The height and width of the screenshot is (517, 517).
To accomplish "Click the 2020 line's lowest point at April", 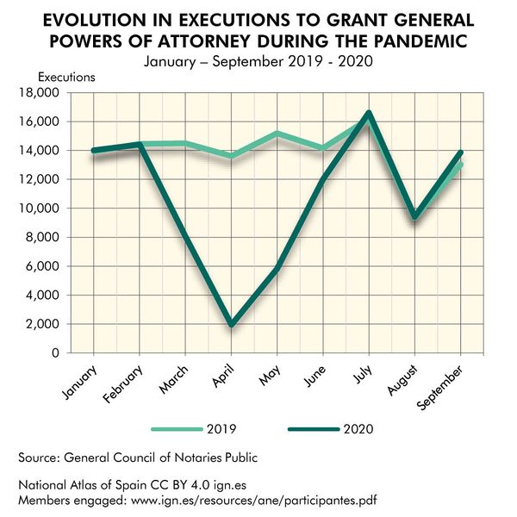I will (230, 325).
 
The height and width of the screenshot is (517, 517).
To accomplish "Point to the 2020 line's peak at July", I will (369, 113).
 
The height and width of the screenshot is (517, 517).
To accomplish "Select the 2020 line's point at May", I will (277, 269).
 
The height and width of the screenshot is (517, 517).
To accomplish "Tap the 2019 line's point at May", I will (277, 134).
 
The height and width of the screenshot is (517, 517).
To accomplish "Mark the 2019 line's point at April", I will (230, 156).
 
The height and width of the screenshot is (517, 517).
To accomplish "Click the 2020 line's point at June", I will (323, 179).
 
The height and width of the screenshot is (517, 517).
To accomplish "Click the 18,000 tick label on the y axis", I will (40, 93).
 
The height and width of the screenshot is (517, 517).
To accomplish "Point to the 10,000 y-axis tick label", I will (40, 209).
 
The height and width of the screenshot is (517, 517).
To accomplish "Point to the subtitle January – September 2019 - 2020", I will (258, 61).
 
